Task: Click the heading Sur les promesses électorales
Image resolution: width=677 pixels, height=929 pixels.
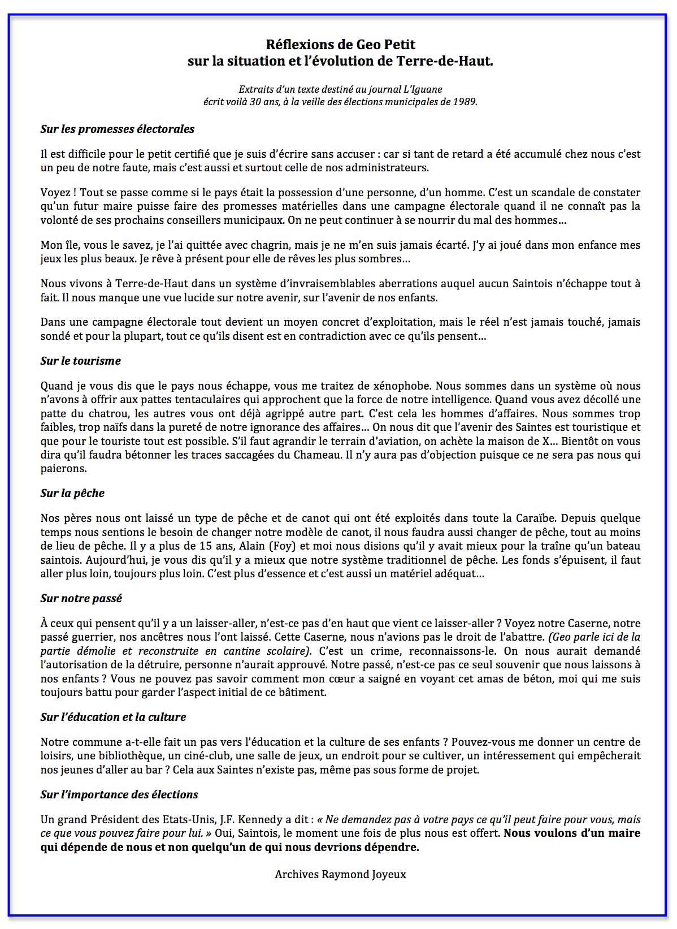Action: (117, 129)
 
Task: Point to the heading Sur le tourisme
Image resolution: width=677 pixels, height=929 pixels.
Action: (80, 361)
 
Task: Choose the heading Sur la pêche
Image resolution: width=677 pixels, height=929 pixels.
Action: (72, 493)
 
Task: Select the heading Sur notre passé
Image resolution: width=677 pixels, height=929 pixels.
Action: (81, 598)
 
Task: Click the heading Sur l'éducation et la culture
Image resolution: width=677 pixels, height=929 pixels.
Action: (113, 717)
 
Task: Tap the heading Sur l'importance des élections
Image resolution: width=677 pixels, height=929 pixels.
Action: (119, 794)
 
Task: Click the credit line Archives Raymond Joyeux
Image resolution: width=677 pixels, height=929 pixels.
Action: (340, 874)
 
